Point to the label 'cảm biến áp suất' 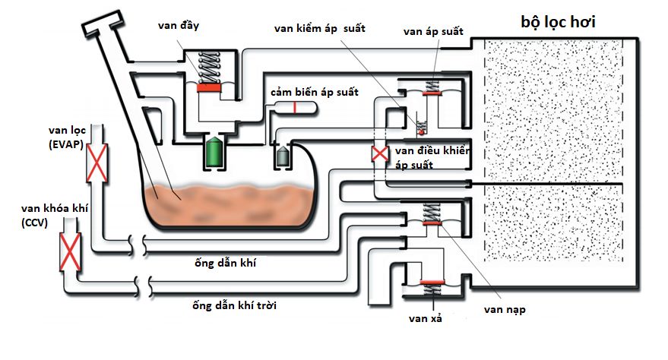pos(315,92)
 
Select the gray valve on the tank pos(283,156)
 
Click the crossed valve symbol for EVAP pos(97,163)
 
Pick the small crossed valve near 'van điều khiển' pos(378,154)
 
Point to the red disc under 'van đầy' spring pos(208,89)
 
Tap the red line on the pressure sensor pos(294,106)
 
